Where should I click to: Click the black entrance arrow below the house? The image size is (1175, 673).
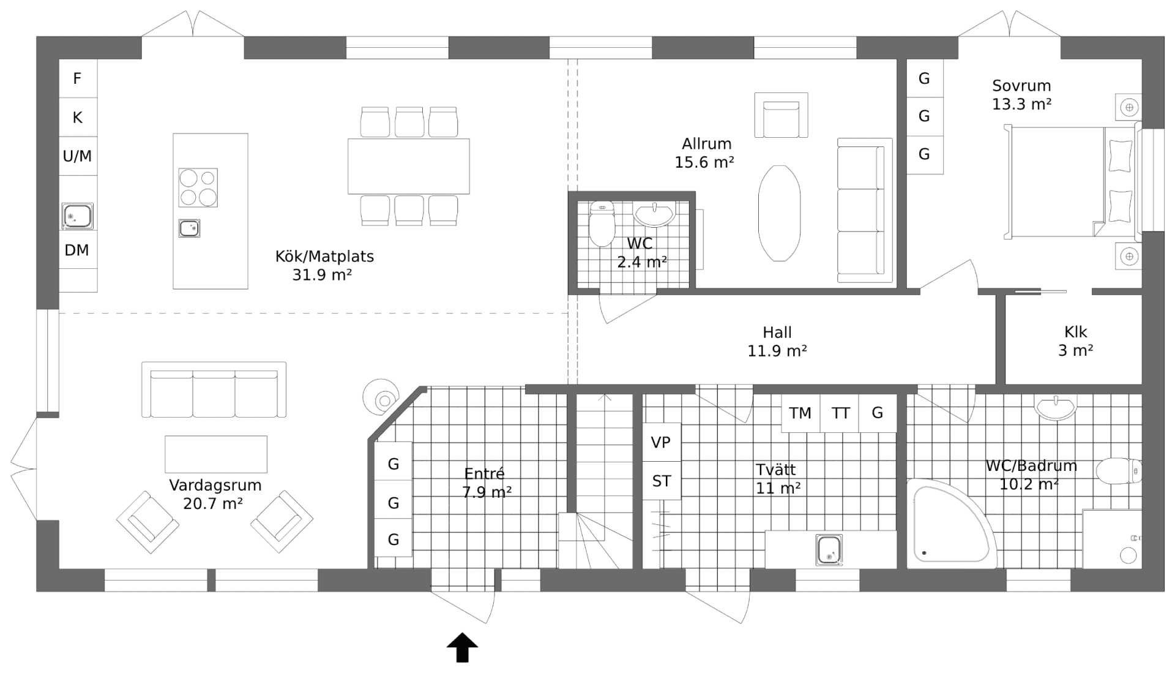click(x=462, y=648)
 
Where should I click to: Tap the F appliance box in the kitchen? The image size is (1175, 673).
click(x=78, y=78)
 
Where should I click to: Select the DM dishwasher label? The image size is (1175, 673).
click(x=77, y=250)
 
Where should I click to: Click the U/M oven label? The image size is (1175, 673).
click(x=78, y=156)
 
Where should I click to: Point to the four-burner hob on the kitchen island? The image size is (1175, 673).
click(x=198, y=187)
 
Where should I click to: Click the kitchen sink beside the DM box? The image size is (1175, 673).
click(x=78, y=217)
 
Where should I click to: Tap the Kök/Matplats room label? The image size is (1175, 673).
click(x=324, y=256)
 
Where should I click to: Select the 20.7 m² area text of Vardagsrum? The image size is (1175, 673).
click(x=213, y=504)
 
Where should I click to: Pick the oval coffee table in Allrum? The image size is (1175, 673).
click(x=779, y=213)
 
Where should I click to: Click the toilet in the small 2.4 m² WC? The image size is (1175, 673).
click(x=602, y=224)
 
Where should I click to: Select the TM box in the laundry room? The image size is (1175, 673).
click(x=800, y=413)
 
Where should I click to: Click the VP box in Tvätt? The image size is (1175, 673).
click(x=661, y=442)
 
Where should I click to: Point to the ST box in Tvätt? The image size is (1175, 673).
click(x=662, y=481)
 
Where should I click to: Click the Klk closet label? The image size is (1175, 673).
click(x=1075, y=332)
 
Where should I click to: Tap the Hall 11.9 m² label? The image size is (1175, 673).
click(x=777, y=342)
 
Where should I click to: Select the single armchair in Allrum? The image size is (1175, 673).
click(x=781, y=116)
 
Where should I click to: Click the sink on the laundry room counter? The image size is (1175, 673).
click(x=829, y=549)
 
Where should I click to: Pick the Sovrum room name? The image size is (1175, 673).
click(x=1021, y=86)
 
